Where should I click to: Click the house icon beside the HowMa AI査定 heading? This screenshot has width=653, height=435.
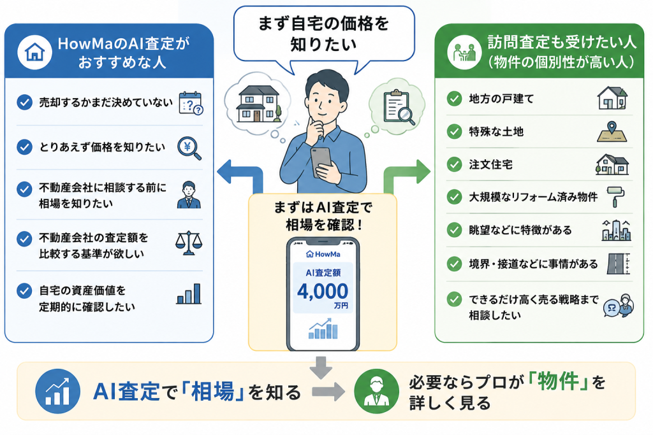click(x=34, y=52)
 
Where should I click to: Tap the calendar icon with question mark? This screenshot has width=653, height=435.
click(x=191, y=103)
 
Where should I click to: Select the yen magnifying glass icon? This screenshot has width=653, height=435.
click(x=189, y=148)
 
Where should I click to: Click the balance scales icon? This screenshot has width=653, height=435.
click(x=189, y=243)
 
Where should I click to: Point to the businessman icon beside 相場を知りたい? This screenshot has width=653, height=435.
click(x=189, y=195)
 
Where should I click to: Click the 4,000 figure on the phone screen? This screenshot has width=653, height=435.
click(x=323, y=291)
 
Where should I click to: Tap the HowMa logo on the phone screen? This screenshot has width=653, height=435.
click(x=323, y=253)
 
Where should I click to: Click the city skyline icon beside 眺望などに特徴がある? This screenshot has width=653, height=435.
click(x=617, y=230)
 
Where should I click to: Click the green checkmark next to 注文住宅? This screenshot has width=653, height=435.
click(x=454, y=164)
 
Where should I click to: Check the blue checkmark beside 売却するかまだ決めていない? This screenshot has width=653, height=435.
click(x=25, y=102)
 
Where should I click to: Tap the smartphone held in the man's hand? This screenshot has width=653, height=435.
click(x=321, y=161)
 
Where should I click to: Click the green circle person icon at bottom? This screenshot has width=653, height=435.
click(x=376, y=391)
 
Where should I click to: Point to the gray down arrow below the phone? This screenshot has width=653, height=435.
click(x=321, y=367)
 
